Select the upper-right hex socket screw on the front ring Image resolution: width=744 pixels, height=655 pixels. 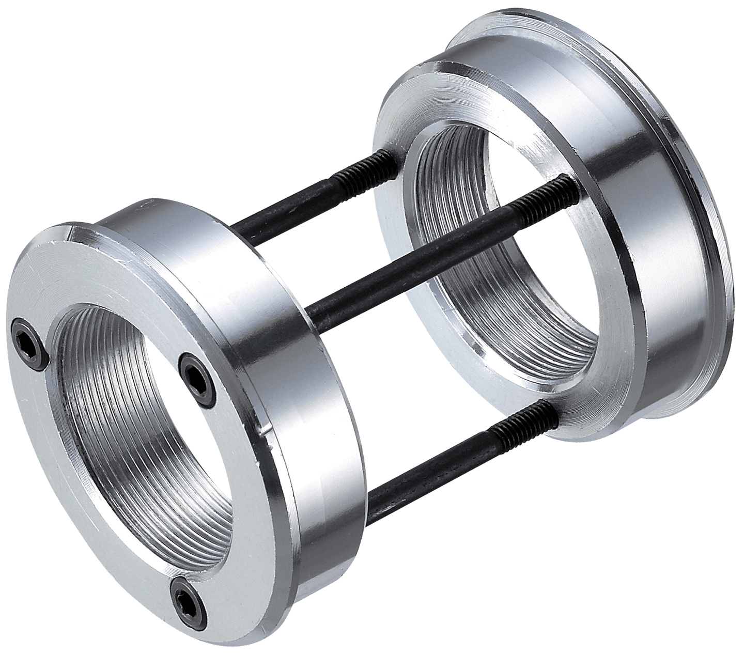pyautogui.click(x=195, y=372)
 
